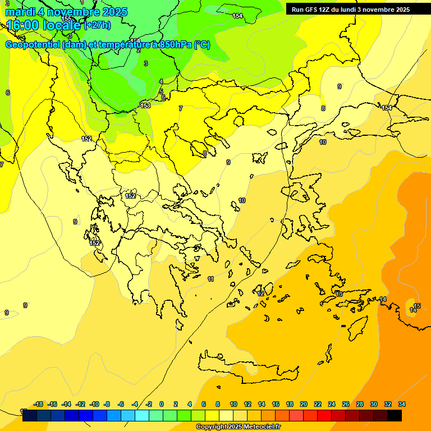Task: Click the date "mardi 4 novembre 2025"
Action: (66, 12)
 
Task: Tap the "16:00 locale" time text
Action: (44, 25)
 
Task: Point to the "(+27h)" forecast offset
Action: (97, 25)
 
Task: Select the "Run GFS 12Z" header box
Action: (351, 9)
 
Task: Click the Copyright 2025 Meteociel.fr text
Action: (238, 427)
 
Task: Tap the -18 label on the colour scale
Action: (38, 404)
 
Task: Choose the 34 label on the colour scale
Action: (402, 404)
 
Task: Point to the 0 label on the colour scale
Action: (162, 404)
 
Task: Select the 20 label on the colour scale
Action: (304, 404)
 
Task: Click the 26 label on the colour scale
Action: (346, 404)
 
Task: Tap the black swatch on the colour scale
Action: (395, 415)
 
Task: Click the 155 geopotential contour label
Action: (66, 19)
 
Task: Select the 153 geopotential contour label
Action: (145, 106)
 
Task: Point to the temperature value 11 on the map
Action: (210, 279)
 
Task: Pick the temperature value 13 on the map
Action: (339, 294)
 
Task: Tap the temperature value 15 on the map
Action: (417, 306)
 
